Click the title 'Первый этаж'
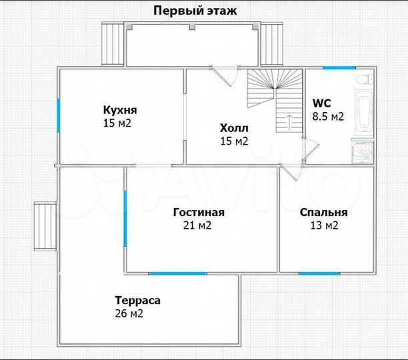pyautogui.click(x=195, y=10)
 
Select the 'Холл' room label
pyautogui.click(x=233, y=128)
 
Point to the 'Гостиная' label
pyautogui.click(x=198, y=213)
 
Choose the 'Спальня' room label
pyautogui.click(x=323, y=213)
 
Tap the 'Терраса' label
pyautogui.click(x=137, y=300)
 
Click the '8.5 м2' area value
pyautogui.click(x=328, y=116)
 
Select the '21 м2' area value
pyautogui.click(x=197, y=225)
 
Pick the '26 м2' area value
pyautogui.click(x=129, y=313)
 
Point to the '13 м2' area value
pyautogui.click(x=323, y=225)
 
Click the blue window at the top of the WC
pyautogui.click(x=339, y=68)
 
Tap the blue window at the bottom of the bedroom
pyautogui.click(x=319, y=273)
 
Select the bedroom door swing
pyautogui.click(x=289, y=172)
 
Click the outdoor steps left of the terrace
pyautogui.click(x=45, y=225)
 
